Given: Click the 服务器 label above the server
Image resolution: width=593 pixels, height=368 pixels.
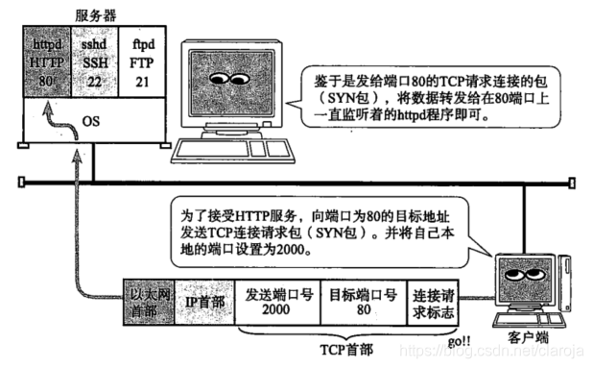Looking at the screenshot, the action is click(95, 13).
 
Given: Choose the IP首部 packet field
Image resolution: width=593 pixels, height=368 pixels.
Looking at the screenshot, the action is click(203, 300).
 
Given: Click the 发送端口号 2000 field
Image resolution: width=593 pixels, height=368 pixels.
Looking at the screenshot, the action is click(273, 300).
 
